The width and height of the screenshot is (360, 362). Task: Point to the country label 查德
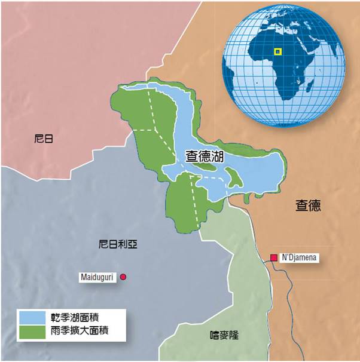pyautogui.click(x=308, y=206)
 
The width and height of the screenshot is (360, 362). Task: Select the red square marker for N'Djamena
pyautogui.click(x=274, y=258)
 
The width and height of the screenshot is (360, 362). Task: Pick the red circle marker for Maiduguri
pyautogui.click(x=123, y=277)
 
